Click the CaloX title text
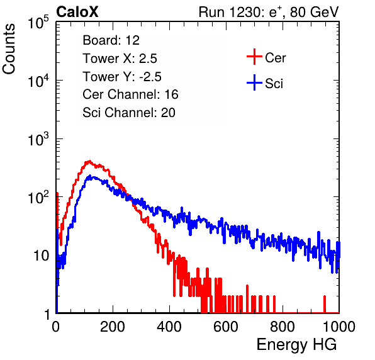tap(77, 12)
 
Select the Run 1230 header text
tap(269, 12)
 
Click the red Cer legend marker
tap(254, 57)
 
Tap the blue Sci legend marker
tap(254, 83)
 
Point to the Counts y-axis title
tap(9, 48)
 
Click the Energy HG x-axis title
tap(296, 344)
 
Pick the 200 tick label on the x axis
tap(112, 327)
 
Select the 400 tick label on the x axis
tap(169, 327)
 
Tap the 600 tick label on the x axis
tap(226, 327)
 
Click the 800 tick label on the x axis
tap(283, 327)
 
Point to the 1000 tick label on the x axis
tap(339, 327)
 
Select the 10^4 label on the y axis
tap(38, 81)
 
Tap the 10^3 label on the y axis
tap(38, 139)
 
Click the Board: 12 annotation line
tap(111, 40)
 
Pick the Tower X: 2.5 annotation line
tap(120, 59)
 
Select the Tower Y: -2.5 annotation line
tap(122, 77)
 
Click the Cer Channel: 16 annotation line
tap(130, 94)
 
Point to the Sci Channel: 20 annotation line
tap(129, 113)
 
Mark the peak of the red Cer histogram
tap(89, 160)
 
